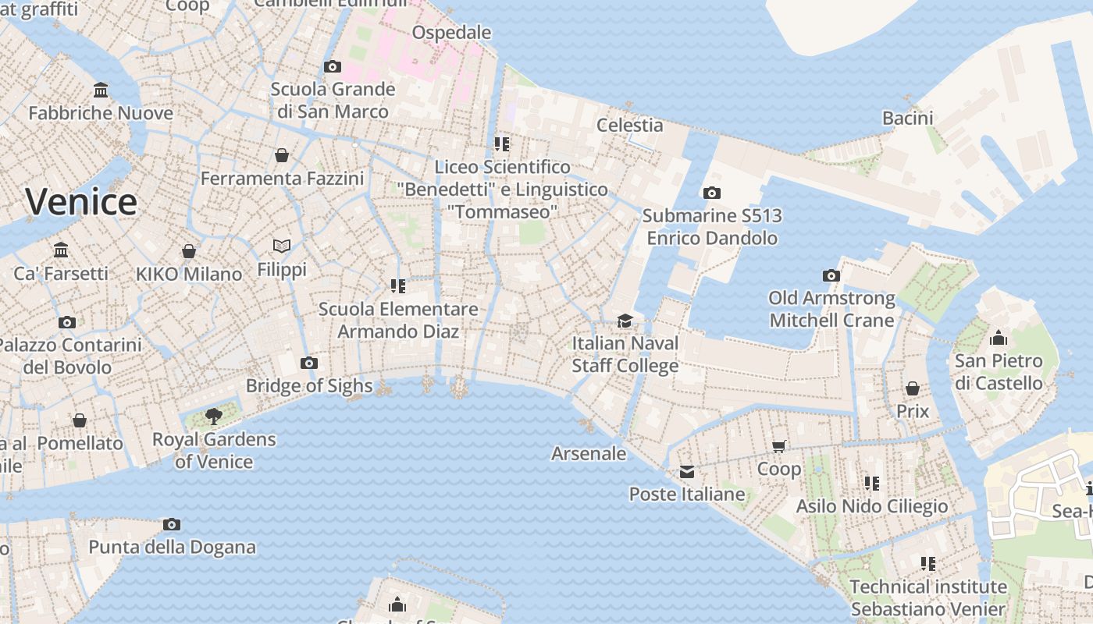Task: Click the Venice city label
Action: (81, 202)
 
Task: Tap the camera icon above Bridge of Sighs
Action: (309, 363)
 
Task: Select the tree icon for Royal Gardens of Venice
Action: (213, 417)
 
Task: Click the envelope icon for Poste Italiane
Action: (686, 471)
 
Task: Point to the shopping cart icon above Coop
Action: (778, 446)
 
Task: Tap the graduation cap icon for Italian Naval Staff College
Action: (625, 321)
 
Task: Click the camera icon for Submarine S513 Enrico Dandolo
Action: (711, 193)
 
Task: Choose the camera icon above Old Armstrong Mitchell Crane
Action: (831, 275)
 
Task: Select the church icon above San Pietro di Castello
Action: (998, 338)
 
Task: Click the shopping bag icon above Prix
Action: (912, 388)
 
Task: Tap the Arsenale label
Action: (589, 453)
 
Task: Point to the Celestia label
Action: (629, 125)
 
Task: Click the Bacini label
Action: (907, 118)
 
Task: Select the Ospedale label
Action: (451, 32)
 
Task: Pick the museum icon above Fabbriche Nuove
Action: (100, 90)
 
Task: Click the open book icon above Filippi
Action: (282, 246)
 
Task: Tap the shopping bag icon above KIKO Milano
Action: (188, 251)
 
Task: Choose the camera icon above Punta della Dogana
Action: (172, 524)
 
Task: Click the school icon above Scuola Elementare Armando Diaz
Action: (398, 286)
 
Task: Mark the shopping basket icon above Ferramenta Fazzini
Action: (282, 155)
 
